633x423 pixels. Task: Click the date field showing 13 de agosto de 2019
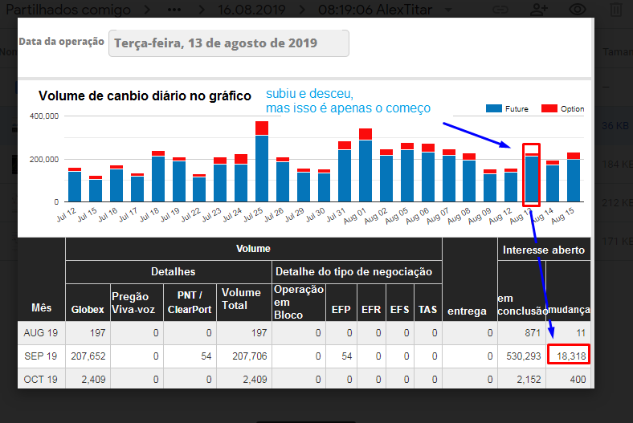click(x=228, y=43)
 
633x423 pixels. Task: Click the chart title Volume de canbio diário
click(x=145, y=96)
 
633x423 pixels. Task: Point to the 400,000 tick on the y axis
click(x=44, y=116)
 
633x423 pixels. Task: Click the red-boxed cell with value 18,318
click(x=570, y=356)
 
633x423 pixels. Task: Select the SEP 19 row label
click(x=41, y=356)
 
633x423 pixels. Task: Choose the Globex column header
click(x=88, y=309)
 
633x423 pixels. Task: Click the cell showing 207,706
click(x=244, y=356)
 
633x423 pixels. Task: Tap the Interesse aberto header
click(x=544, y=250)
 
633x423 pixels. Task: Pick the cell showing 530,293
click(x=521, y=356)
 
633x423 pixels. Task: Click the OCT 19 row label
click(x=41, y=378)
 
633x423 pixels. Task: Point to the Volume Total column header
click(x=240, y=299)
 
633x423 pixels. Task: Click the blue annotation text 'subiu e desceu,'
click(x=309, y=93)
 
